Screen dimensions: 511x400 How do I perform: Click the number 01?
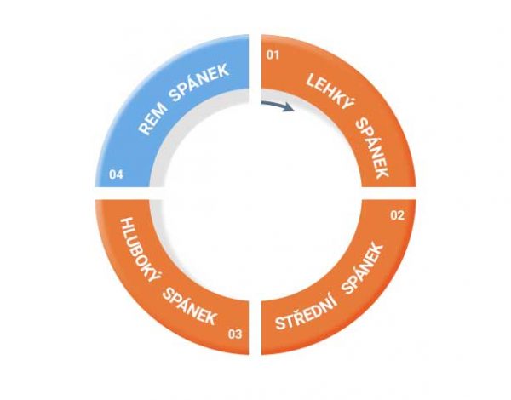[273, 54]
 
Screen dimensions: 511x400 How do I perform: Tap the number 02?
[397, 215]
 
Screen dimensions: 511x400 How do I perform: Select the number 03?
[235, 334]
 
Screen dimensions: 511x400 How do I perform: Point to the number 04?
[116, 174]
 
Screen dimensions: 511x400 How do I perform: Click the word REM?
[152, 119]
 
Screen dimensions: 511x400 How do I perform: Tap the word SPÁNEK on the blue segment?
[199, 80]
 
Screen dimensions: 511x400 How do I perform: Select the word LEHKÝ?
[330, 90]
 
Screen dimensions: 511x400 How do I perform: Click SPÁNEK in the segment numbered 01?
[373, 147]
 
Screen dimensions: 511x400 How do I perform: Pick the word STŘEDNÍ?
[307, 313]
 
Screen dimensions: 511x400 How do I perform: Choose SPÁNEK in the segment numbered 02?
[363, 269]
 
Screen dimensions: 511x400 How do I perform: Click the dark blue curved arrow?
[278, 106]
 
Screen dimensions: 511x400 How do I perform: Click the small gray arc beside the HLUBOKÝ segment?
[157, 215]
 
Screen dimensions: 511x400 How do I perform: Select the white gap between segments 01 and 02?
[388, 193]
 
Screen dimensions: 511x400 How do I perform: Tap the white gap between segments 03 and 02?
[255, 327]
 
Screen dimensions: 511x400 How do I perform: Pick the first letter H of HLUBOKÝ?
[128, 224]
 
